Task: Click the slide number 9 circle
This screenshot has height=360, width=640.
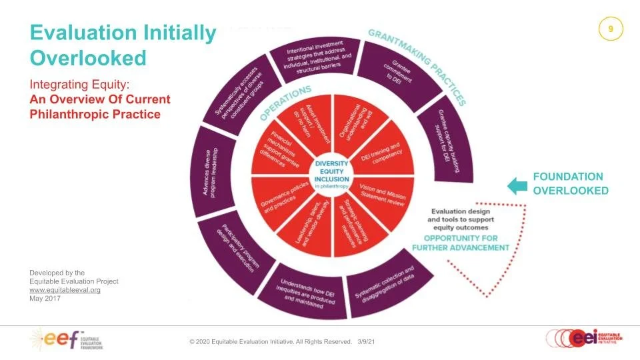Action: pos(611,30)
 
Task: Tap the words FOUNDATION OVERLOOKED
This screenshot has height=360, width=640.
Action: pos(570,184)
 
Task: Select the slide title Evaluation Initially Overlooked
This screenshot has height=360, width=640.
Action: pos(123,45)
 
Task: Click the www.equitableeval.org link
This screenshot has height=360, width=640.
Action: pos(65,290)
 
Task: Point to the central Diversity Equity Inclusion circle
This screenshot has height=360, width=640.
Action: pos(333,175)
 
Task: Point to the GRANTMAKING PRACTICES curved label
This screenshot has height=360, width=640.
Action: pos(417,64)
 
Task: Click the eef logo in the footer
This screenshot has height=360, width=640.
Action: pos(65,340)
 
